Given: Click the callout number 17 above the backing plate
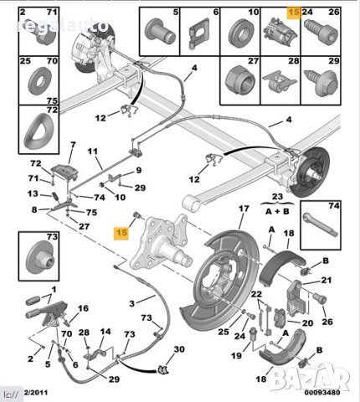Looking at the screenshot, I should pyautogui.click(x=244, y=209).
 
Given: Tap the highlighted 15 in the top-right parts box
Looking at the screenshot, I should pyautogui.click(x=292, y=13).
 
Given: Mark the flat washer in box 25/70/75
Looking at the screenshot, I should pyautogui.click(x=36, y=80).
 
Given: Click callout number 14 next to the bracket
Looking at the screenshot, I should pyautogui.click(x=104, y=332).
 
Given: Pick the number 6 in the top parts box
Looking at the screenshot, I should pyautogui.click(x=216, y=13).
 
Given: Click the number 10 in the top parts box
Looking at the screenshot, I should pyautogui.click(x=254, y=13).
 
